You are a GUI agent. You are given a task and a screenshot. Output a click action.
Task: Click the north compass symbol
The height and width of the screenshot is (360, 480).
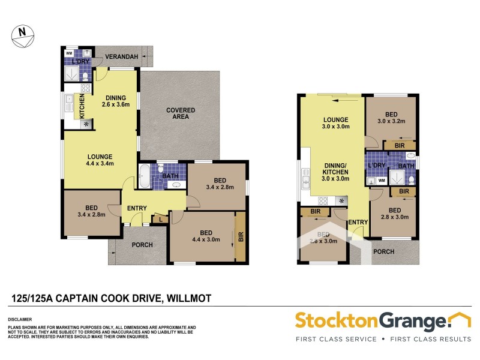22,34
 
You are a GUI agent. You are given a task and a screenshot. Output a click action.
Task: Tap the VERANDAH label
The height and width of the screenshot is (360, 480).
122,57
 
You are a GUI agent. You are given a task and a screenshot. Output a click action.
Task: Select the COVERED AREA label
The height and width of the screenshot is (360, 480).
178,113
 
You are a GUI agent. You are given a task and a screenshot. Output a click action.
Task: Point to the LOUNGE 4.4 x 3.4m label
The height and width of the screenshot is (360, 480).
99,160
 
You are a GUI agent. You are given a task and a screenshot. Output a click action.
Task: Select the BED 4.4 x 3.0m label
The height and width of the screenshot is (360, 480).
205,236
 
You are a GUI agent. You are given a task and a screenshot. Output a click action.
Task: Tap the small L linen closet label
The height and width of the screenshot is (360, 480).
160,220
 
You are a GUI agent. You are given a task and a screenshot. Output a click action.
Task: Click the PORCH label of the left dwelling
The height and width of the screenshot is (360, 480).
142,245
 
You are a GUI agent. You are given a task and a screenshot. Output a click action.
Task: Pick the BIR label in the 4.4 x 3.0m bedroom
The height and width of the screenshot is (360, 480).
241,236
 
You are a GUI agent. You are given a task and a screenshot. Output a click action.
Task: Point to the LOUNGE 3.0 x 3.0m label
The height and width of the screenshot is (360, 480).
335,123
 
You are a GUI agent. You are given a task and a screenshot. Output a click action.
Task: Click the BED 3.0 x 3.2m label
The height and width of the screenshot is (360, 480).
391,117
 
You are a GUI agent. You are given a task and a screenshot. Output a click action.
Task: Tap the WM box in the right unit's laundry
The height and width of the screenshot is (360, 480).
381,180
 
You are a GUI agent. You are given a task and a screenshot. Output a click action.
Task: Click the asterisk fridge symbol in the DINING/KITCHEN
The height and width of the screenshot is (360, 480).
342,200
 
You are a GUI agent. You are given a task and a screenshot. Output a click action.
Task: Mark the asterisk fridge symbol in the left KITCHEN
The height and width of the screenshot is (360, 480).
87,124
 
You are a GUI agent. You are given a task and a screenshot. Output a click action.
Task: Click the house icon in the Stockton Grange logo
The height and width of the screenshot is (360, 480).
461,320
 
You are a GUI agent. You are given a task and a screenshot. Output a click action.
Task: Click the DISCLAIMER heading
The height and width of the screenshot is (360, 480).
20,320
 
